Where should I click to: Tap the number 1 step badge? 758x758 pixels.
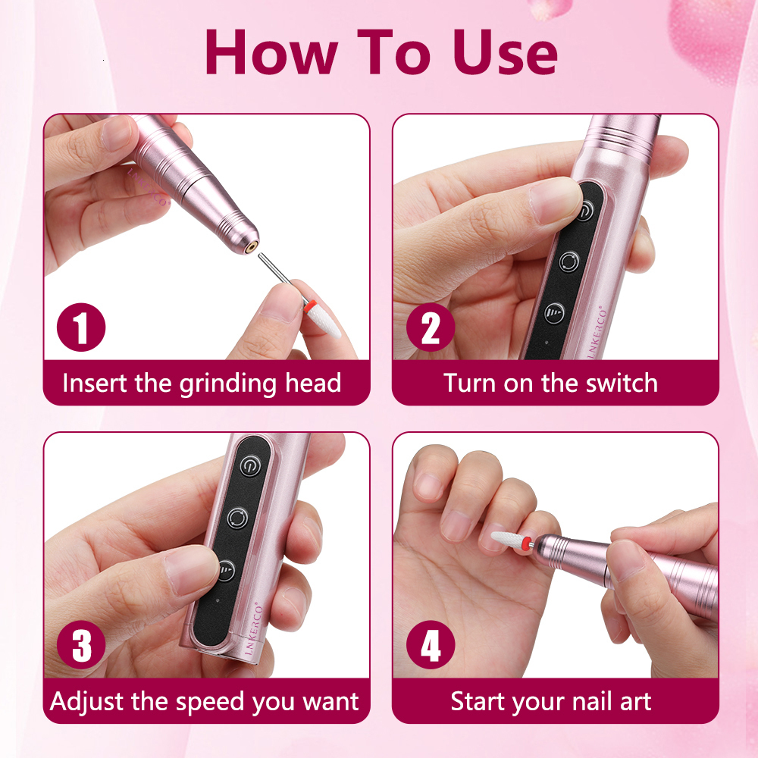(x=81, y=328)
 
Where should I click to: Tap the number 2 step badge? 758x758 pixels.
(x=430, y=328)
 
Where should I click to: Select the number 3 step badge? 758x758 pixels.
(x=81, y=647)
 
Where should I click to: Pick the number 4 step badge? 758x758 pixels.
(x=430, y=647)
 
